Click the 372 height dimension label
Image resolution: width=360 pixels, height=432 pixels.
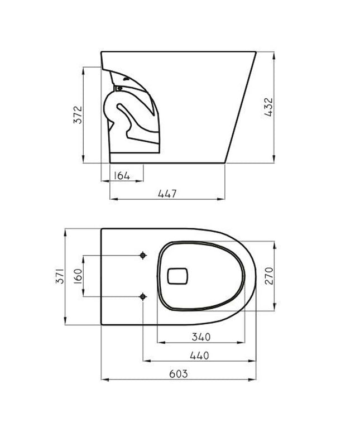point(79,114)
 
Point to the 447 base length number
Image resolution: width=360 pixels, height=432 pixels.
point(167,194)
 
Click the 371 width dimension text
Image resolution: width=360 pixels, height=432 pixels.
point(61,276)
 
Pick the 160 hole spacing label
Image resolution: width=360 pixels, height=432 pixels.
point(78,276)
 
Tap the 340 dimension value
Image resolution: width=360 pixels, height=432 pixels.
point(200,337)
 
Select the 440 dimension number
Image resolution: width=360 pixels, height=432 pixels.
point(199,356)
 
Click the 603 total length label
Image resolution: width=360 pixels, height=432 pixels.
point(178,374)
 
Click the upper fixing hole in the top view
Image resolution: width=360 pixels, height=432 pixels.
point(143,256)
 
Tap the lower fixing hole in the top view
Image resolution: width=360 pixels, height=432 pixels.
point(143,296)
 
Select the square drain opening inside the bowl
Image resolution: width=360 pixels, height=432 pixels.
point(179,275)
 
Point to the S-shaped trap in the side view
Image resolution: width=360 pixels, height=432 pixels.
point(126,114)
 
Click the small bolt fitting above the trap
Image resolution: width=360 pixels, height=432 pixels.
point(118,88)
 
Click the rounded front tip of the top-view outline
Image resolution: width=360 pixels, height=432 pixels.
point(255,276)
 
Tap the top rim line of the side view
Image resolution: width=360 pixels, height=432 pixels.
point(179,52)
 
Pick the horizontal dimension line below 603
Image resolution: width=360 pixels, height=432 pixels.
point(178,380)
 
